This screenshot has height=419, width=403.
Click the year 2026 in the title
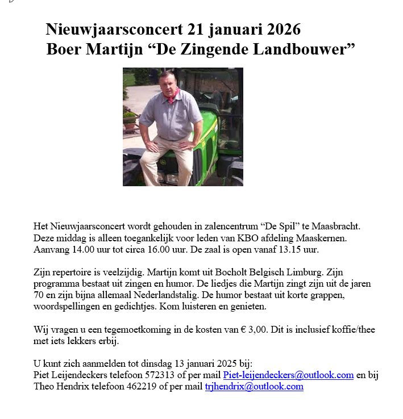click(280, 29)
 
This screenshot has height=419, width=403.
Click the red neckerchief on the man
click(172, 94)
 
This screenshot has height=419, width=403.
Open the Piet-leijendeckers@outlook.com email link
click(289, 375)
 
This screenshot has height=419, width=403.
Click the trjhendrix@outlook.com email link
click(254, 386)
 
